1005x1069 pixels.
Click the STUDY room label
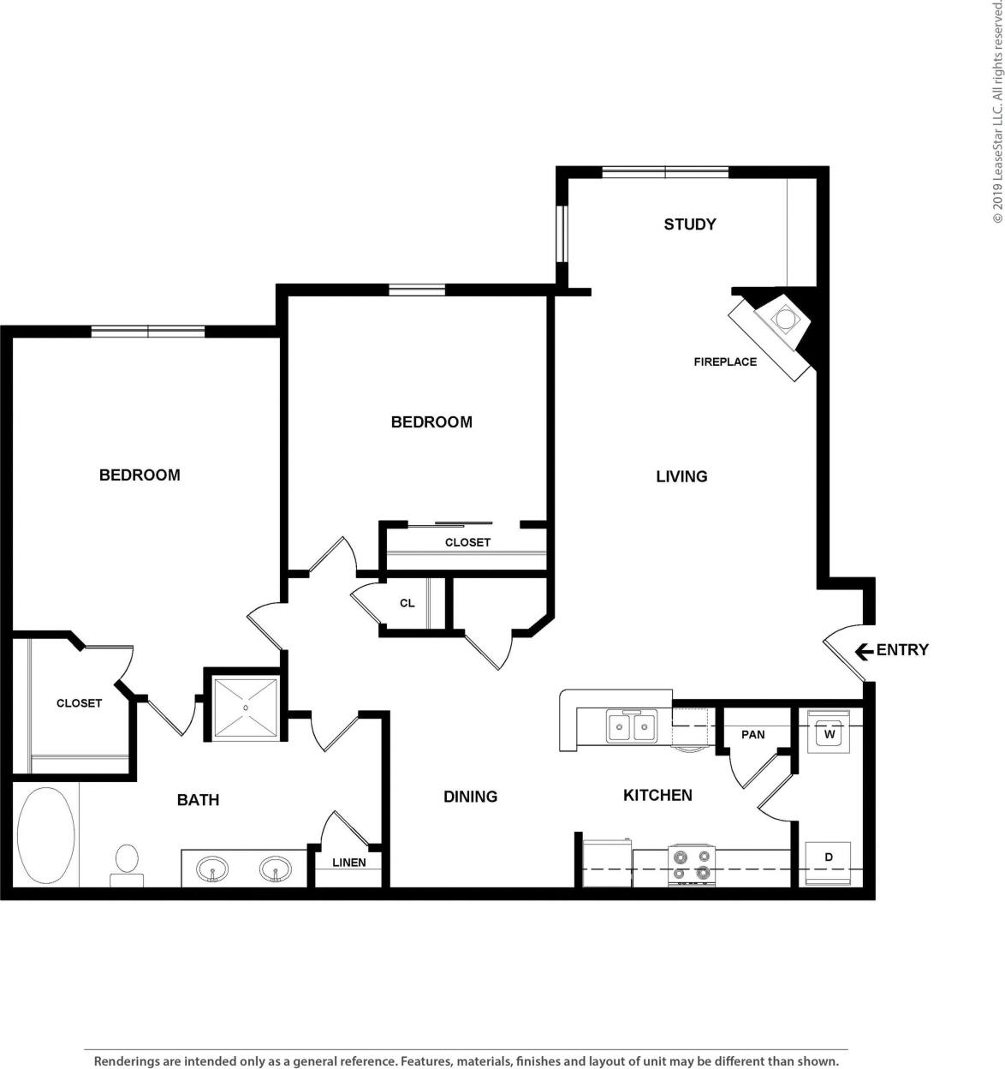click(689, 224)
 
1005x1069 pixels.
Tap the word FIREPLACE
click(725, 362)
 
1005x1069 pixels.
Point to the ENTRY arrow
click(864, 651)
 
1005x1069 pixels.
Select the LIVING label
click(681, 476)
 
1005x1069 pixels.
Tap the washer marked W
click(829, 734)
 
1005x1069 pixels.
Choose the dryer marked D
click(829, 857)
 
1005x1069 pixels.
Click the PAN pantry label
click(753, 735)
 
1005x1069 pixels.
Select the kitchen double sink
click(631, 727)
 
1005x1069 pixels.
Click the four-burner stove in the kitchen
click(691, 864)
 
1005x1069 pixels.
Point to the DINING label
click(470, 797)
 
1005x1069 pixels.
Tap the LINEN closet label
click(349, 863)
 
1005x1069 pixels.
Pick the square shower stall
click(246, 708)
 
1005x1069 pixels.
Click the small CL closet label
click(407, 603)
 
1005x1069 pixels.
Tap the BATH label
click(198, 800)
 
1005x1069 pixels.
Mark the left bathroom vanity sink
click(212, 870)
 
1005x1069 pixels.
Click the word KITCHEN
click(657, 796)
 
